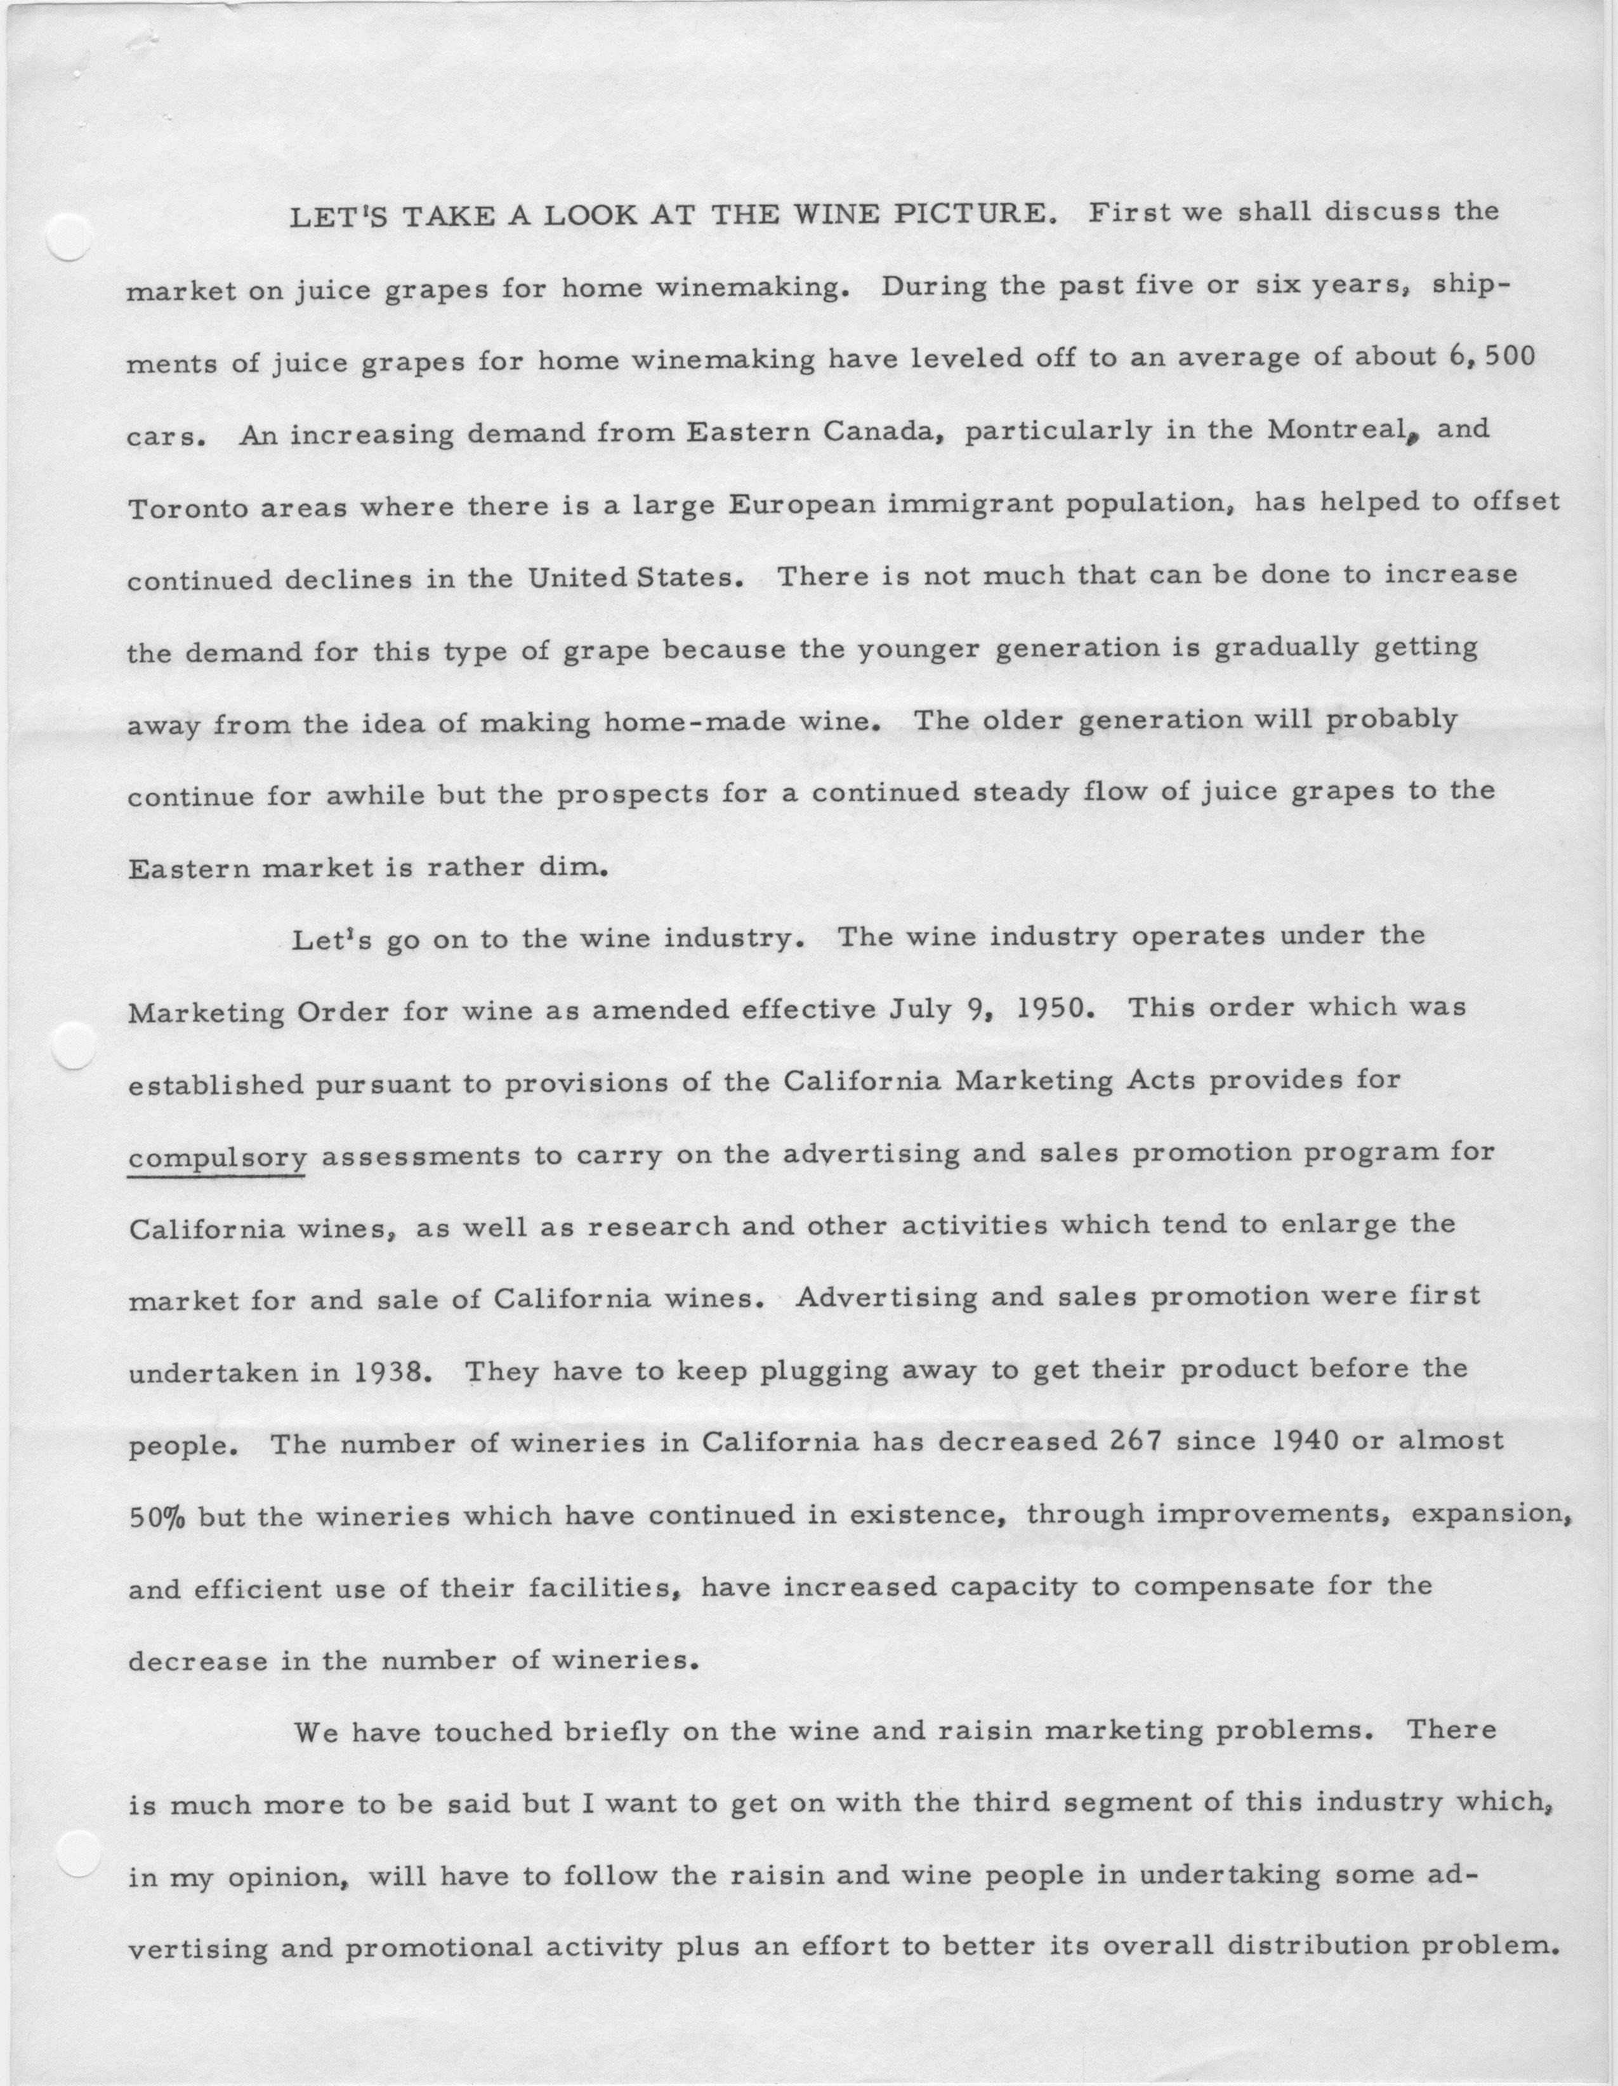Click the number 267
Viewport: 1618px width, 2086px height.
tap(1132, 1443)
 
